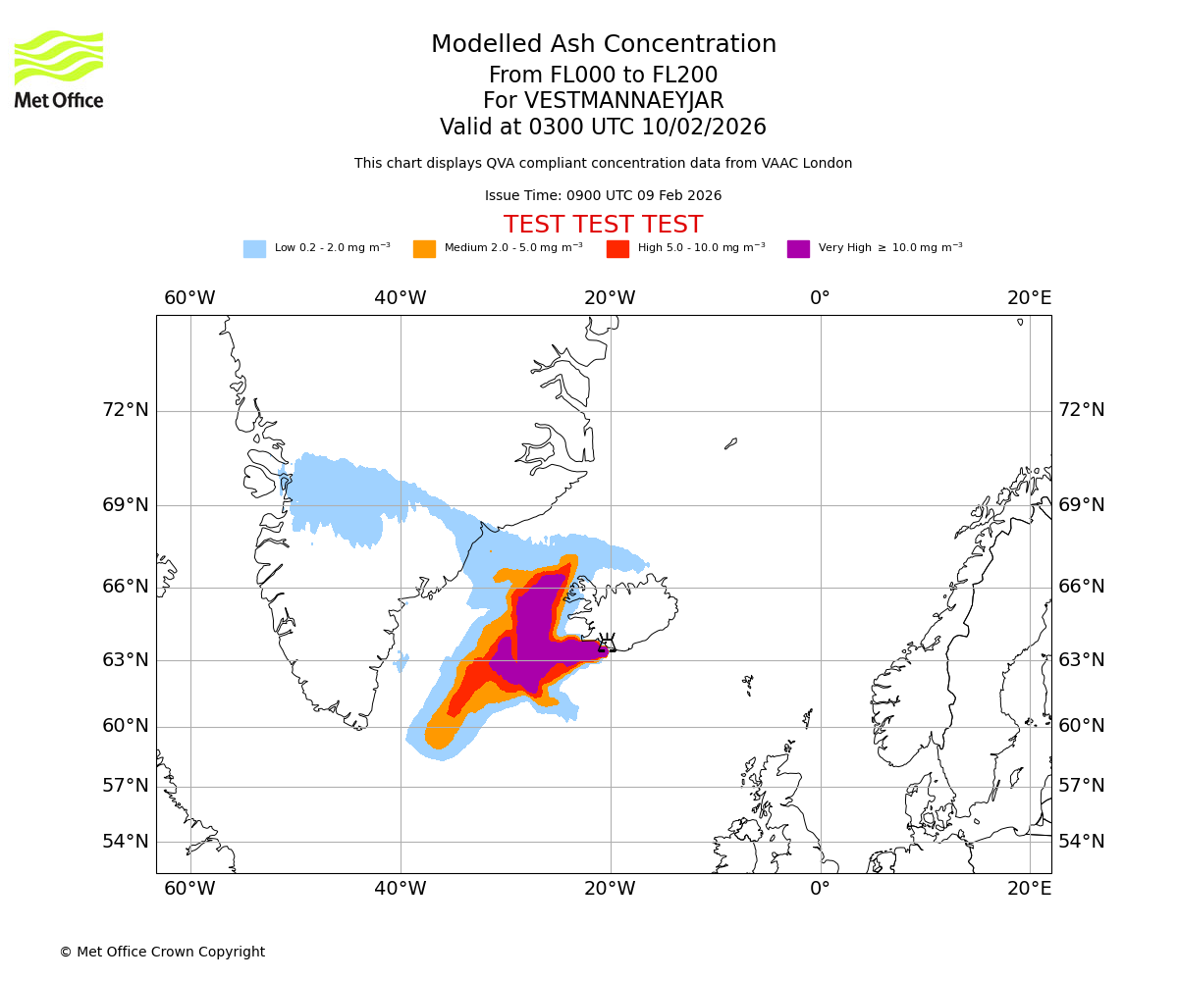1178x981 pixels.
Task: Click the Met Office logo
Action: (x=59, y=69)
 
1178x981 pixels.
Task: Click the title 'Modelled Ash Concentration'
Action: (x=603, y=44)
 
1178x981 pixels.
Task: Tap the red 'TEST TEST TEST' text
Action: (x=603, y=225)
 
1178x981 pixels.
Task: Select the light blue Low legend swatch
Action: (x=254, y=248)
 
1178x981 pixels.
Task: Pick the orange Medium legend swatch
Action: (x=424, y=248)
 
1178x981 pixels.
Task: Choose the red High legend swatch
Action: (x=617, y=248)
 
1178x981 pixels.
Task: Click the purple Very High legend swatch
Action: (x=798, y=248)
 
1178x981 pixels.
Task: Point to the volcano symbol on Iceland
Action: (x=607, y=644)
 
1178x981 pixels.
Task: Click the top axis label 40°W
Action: (x=400, y=298)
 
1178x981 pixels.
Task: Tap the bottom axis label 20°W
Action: (x=610, y=889)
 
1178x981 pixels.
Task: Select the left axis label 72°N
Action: (x=126, y=410)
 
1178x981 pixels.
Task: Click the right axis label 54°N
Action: (x=1081, y=842)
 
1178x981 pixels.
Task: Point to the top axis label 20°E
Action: (x=1029, y=298)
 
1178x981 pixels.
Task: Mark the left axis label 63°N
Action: (x=126, y=659)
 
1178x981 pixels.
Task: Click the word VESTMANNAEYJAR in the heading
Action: (x=624, y=101)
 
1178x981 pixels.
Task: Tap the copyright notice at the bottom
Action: (x=162, y=952)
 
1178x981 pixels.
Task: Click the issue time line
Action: (x=603, y=195)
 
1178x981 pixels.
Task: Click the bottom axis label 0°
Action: (x=820, y=889)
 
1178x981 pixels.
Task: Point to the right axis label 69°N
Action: (x=1081, y=505)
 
